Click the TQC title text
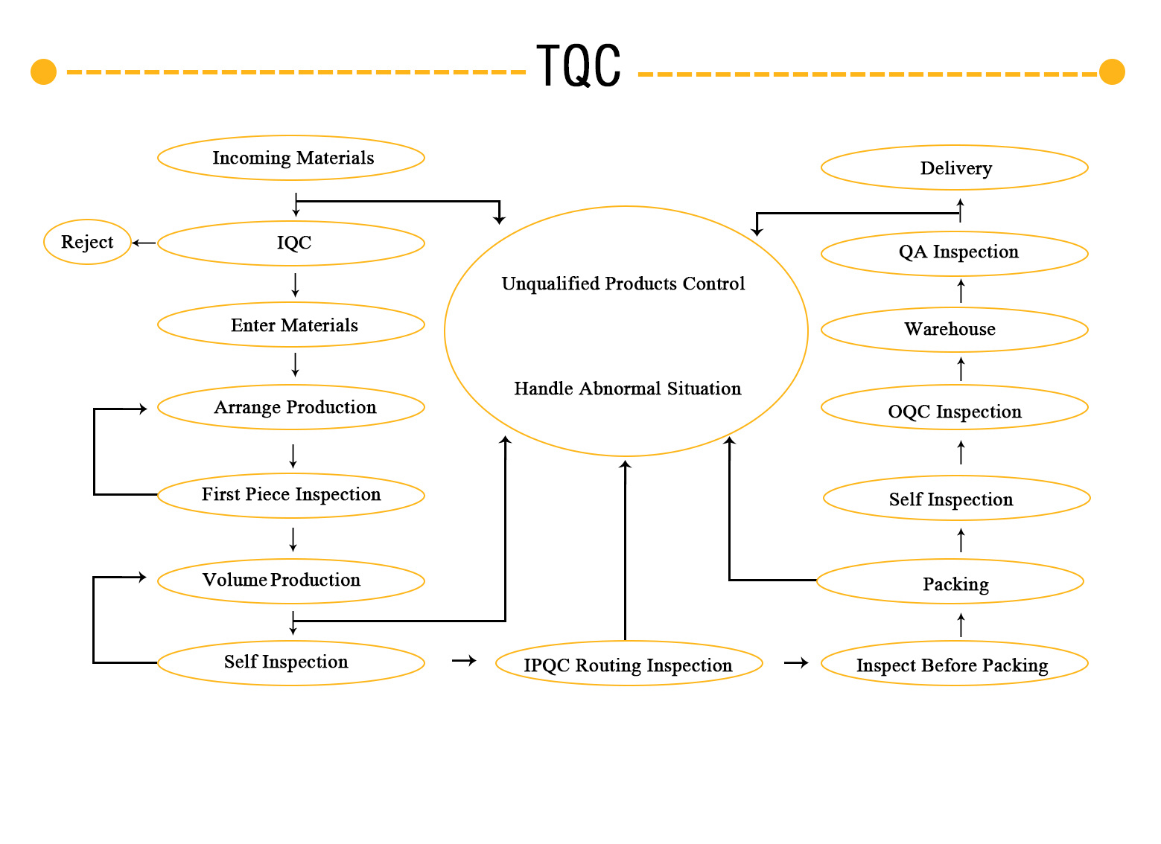pyautogui.click(x=579, y=66)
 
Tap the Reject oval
pyautogui.click(x=88, y=243)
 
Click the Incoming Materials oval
pyautogui.click(x=292, y=159)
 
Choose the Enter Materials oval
pyautogui.click(x=292, y=325)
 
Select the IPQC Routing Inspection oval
pyautogui.click(x=630, y=665)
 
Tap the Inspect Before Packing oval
pyautogui.click(x=956, y=665)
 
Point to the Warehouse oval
pyautogui.click(x=956, y=330)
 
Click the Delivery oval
pyautogui.click(x=956, y=168)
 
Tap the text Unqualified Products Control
pyautogui.click(x=624, y=284)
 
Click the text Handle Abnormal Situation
pyautogui.click(x=629, y=389)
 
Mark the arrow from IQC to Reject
pyautogui.click(x=144, y=243)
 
